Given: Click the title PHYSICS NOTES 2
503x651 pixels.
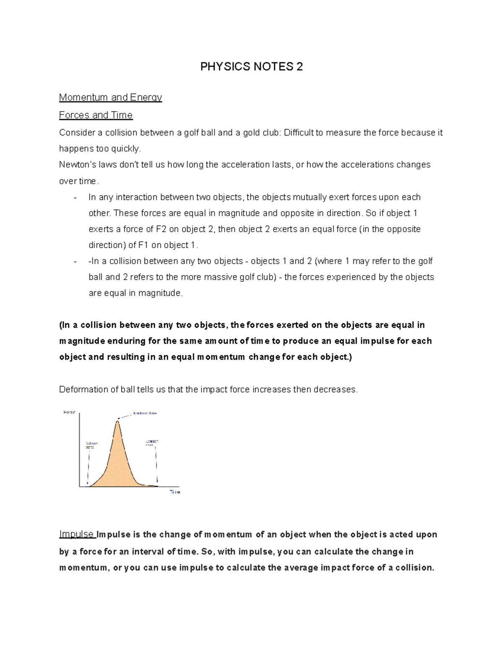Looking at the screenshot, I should (251, 67).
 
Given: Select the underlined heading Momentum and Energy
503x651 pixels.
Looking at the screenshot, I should (110, 97).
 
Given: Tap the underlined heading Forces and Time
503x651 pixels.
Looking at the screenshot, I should (96, 115).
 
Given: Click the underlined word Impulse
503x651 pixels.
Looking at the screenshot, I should (77, 534).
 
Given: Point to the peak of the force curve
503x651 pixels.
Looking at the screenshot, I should (118, 421).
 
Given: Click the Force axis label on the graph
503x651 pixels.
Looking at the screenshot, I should (69, 412).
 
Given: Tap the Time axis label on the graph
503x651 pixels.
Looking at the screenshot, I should (175, 492).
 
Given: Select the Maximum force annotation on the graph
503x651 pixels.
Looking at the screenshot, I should (145, 413).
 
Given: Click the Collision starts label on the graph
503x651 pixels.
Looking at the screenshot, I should (92, 445).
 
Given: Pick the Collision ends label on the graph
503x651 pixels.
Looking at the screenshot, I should (151, 443).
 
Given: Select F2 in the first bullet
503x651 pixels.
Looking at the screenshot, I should (161, 229).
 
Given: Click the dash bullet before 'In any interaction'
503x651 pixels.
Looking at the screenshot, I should (75, 197).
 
